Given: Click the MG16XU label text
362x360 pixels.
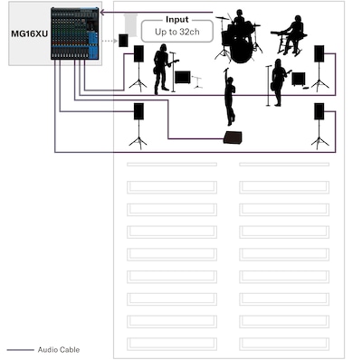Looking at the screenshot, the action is pos(29,33).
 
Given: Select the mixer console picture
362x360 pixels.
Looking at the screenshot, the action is pos(75,33).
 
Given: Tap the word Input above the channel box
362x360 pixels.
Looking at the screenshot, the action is pos(177,20).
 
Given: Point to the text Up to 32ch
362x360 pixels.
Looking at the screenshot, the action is pos(177,32).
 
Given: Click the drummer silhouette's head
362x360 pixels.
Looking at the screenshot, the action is pos(239,14).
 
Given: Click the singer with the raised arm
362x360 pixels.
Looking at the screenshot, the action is pos(230,97).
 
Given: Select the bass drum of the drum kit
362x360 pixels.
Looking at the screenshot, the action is pos(241,51).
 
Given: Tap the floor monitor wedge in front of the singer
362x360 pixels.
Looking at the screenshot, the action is pos(233,137).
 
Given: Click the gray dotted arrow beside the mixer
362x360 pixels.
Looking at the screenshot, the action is pos(110,41).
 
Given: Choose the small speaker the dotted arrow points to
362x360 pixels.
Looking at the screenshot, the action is pos(123,41).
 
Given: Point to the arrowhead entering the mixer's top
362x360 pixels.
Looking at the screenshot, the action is pos(102,13).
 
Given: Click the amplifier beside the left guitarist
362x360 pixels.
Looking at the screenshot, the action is pos(183,78).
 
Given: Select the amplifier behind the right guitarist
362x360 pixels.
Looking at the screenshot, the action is pos(299,79).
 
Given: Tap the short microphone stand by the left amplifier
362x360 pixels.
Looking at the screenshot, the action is pos(196,82).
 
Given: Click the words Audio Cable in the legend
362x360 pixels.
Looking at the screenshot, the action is pos(59,350).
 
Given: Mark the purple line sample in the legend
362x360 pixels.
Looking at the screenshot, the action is pos(20,350).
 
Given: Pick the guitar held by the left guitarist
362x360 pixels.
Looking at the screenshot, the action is pos(166,66).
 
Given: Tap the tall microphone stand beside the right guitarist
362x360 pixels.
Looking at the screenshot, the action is pos(269,85).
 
